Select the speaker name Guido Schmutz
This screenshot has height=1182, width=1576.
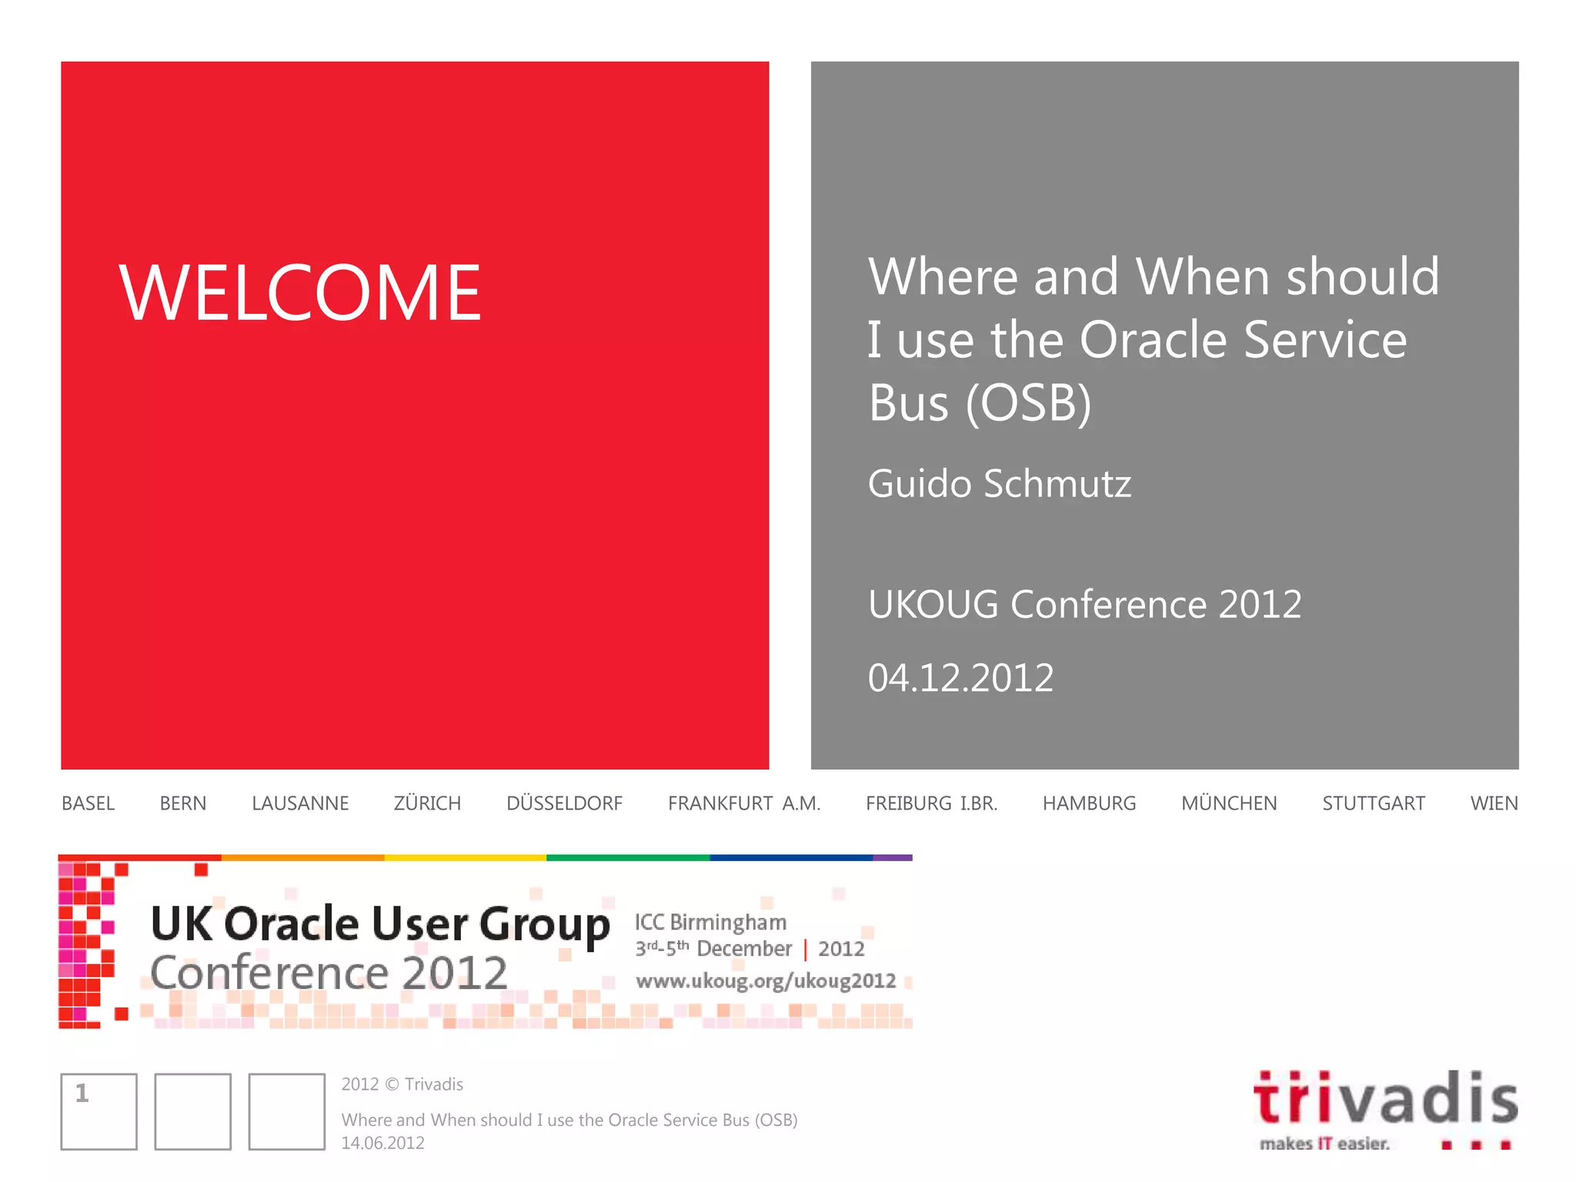[x=999, y=484]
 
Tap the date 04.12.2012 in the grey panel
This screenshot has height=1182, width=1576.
[x=960, y=678]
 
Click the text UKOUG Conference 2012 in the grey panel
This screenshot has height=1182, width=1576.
[x=1084, y=604]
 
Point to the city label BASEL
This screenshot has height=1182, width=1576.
[x=88, y=803]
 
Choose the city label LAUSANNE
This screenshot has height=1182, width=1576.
[x=300, y=803]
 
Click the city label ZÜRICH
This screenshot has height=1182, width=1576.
[x=427, y=803]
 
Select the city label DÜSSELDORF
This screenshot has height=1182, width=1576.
[x=564, y=803]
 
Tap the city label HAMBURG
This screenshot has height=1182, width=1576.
[x=1089, y=803]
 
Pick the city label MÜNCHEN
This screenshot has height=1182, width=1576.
[x=1229, y=803]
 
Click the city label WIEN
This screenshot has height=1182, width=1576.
[x=1494, y=803]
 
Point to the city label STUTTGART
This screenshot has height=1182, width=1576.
[x=1374, y=803]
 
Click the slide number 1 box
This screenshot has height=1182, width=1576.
[x=98, y=1111]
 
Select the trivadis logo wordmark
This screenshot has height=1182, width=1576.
[x=1385, y=1099]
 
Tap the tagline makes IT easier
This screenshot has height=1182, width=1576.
[x=1324, y=1144]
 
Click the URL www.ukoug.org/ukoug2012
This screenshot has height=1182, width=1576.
[x=766, y=981]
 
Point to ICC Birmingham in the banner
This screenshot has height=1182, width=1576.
[x=710, y=922]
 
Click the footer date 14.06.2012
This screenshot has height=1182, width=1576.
[x=382, y=1143]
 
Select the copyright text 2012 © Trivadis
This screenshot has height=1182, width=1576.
[x=402, y=1084]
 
